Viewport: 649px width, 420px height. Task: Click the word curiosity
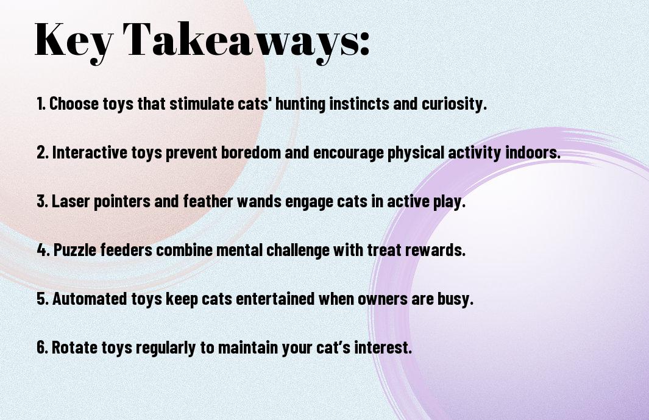[454, 104]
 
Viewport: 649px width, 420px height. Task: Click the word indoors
[533, 152]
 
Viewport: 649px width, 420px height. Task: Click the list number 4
[42, 250]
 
